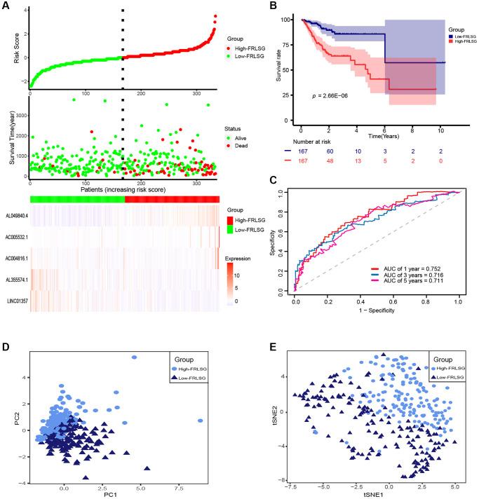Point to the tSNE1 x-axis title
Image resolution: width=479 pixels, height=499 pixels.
[374, 493]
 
